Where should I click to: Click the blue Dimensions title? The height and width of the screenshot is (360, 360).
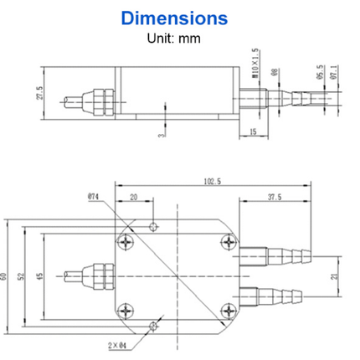(180, 18)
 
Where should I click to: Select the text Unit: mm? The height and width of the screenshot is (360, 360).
(180, 37)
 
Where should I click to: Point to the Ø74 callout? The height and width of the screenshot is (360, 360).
(93, 197)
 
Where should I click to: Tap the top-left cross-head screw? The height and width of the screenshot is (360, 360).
(126, 242)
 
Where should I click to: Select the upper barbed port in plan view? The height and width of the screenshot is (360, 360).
(271, 254)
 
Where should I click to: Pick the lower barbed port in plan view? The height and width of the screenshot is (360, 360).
(271, 296)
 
